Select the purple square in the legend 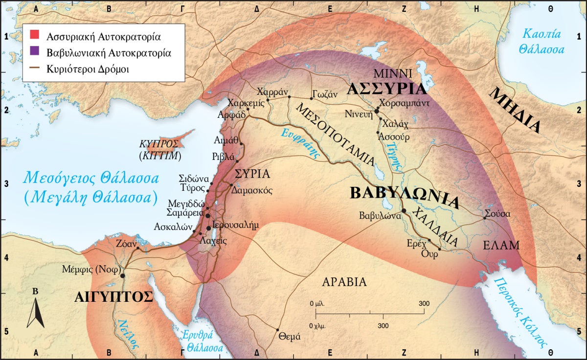click(x=34, y=51)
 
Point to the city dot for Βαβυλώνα click(x=404, y=211)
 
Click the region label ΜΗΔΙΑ click(x=518, y=110)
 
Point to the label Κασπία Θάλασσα click(x=542, y=42)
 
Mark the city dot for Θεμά click(x=278, y=330)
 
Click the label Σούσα click(x=497, y=214)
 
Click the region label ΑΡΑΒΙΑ click(x=344, y=282)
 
